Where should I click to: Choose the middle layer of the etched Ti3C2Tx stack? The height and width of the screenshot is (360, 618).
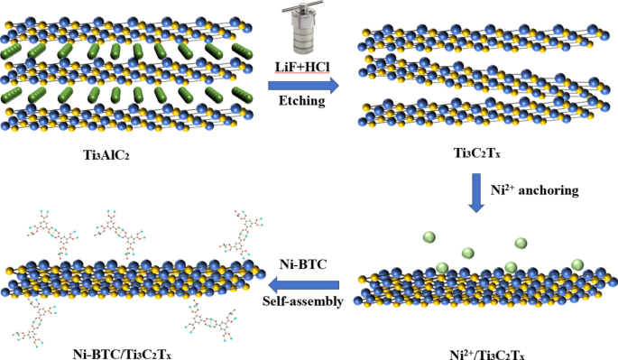pyautogui.click(x=487, y=78)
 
